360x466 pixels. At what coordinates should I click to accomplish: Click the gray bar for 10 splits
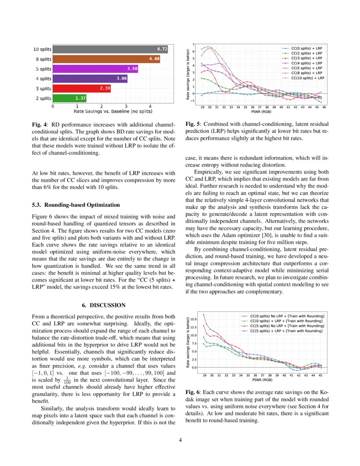(110, 49)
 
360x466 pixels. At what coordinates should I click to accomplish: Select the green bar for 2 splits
(69, 98)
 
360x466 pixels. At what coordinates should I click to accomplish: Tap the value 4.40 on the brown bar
(154, 59)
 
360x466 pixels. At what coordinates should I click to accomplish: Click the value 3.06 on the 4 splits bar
(122, 78)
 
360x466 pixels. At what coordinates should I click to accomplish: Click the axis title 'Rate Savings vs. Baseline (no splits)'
(113, 111)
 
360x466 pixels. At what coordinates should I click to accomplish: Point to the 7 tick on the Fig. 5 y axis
(194, 44)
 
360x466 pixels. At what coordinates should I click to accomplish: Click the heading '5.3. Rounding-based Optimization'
(76, 205)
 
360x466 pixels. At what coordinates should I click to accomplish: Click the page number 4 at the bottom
(180, 440)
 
